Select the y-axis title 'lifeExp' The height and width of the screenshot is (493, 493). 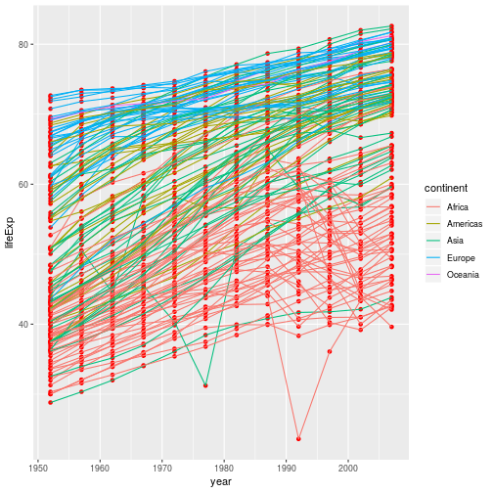(9, 232)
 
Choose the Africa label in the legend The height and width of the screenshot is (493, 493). (457, 207)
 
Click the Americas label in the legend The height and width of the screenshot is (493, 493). (464, 224)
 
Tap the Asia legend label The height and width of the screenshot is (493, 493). (455, 242)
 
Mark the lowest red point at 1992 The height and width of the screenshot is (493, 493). (298, 438)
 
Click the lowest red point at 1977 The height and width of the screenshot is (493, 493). (205, 385)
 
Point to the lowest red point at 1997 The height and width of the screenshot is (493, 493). (330, 351)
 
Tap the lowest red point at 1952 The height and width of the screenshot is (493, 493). (50, 402)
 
